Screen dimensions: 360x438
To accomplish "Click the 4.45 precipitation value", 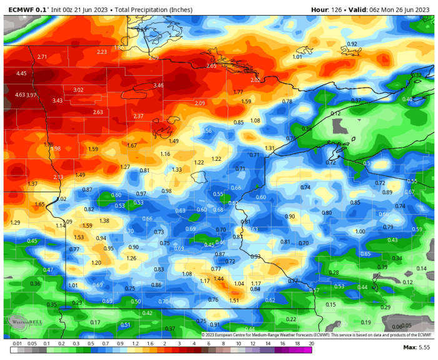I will (21, 73).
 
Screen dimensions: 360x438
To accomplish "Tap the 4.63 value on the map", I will (20, 95).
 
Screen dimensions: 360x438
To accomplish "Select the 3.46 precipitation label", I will (158, 85).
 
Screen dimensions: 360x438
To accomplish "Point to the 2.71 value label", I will (42, 57).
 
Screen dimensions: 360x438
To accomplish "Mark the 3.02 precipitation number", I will (78, 90).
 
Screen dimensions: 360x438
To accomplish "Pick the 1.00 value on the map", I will (360, 232).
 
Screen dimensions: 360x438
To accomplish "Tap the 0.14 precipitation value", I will (422, 269).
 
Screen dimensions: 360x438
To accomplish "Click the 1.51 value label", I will (234, 301).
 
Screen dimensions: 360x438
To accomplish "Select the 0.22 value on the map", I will (291, 319).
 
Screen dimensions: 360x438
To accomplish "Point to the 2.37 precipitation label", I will (138, 116).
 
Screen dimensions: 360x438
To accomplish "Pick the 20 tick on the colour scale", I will (311, 344).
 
